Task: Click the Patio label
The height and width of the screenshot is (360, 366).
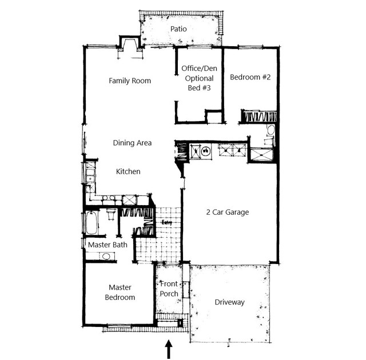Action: (x=178, y=29)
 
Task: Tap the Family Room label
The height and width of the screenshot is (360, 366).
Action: (x=130, y=81)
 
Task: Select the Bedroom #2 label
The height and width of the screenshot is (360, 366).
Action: (x=250, y=77)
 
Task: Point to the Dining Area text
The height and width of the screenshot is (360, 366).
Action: (x=132, y=143)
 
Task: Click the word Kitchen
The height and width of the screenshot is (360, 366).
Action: (x=128, y=171)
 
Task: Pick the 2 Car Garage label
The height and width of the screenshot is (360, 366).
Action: (x=228, y=212)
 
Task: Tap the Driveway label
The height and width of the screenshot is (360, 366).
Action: (x=230, y=302)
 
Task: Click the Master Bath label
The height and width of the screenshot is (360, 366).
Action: (x=108, y=245)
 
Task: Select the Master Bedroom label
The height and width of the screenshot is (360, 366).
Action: (x=120, y=293)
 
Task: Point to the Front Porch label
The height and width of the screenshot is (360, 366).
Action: (x=169, y=289)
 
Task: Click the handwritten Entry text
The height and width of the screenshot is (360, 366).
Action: (x=167, y=222)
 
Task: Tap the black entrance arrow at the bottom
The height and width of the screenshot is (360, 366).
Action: (x=169, y=350)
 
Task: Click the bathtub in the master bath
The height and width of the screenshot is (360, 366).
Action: (x=91, y=223)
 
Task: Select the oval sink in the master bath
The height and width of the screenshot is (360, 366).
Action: (x=106, y=257)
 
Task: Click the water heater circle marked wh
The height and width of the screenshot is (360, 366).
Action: (x=206, y=151)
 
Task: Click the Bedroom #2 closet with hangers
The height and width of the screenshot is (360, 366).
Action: (x=259, y=116)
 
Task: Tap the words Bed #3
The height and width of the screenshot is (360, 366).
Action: (x=200, y=88)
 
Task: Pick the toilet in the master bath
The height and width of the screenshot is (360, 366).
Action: (x=111, y=214)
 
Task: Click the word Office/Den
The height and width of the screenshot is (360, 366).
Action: (x=200, y=69)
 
